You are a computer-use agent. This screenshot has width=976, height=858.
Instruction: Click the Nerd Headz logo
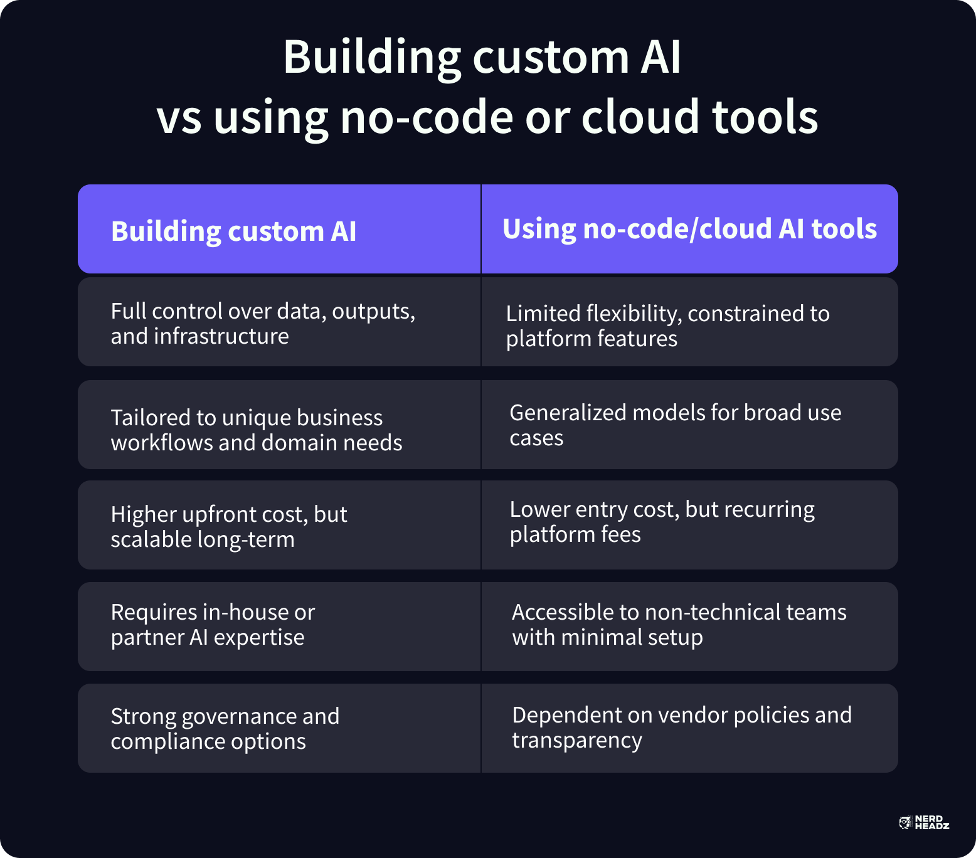point(924,823)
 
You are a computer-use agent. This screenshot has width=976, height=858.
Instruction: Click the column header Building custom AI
point(233,231)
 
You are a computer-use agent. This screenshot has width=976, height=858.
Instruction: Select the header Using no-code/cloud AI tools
point(689,229)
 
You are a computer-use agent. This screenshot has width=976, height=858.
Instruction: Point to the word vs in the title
point(179,118)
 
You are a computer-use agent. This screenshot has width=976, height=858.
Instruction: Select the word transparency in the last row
point(577,741)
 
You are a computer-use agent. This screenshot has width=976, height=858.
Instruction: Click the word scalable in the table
point(151,539)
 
